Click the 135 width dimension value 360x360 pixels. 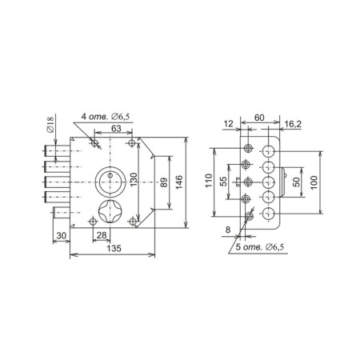point(114,248)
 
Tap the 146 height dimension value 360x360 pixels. point(179,182)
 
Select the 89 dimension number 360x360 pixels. point(164,182)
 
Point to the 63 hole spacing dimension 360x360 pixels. point(116,128)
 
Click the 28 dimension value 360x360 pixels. point(102,235)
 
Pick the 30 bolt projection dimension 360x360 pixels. point(62,236)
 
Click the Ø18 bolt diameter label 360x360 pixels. point(50,123)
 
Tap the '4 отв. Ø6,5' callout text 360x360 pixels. point(106,117)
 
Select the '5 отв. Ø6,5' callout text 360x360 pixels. point(260,247)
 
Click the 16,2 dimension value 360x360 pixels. point(293,124)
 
